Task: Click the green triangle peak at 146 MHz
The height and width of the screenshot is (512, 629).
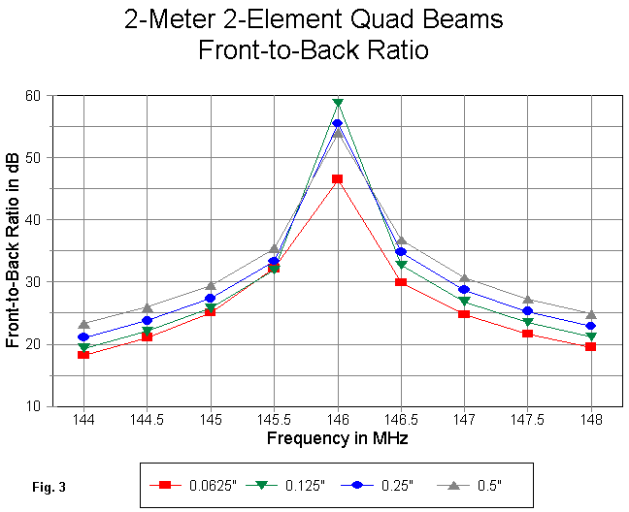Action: click(x=338, y=103)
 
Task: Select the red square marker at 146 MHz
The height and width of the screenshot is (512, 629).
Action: click(x=338, y=178)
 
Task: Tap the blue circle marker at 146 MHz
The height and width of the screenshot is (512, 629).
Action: click(x=338, y=123)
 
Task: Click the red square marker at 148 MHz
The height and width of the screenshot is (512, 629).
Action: click(x=591, y=346)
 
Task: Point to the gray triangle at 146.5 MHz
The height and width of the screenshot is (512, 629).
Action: click(x=401, y=240)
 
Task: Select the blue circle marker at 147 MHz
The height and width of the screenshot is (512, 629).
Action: click(x=464, y=289)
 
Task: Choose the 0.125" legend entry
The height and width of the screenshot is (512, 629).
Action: click(x=281, y=483)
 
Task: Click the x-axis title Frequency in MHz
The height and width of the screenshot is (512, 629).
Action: click(x=338, y=439)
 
